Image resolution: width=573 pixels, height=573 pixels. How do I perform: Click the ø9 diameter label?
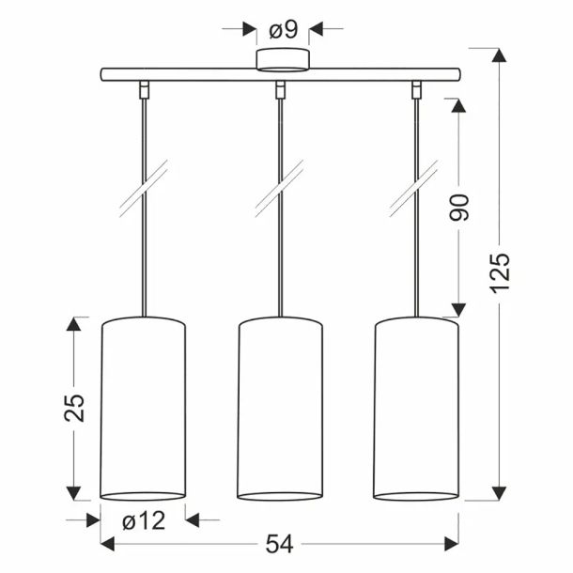284,30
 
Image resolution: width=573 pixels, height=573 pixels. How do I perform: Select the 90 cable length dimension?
458,208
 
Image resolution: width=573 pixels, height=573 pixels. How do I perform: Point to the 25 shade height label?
74,409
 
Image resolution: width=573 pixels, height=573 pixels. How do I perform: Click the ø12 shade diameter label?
144,520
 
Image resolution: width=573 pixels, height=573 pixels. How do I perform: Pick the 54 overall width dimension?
280,544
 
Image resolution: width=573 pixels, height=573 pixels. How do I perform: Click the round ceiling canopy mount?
283,59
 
